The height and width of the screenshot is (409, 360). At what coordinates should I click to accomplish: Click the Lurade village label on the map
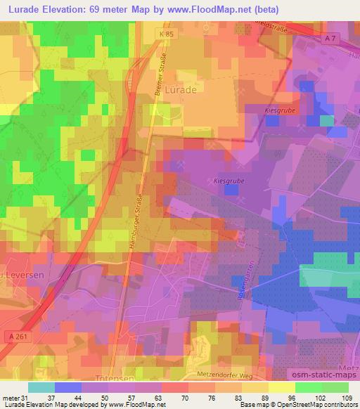point(180,90)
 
